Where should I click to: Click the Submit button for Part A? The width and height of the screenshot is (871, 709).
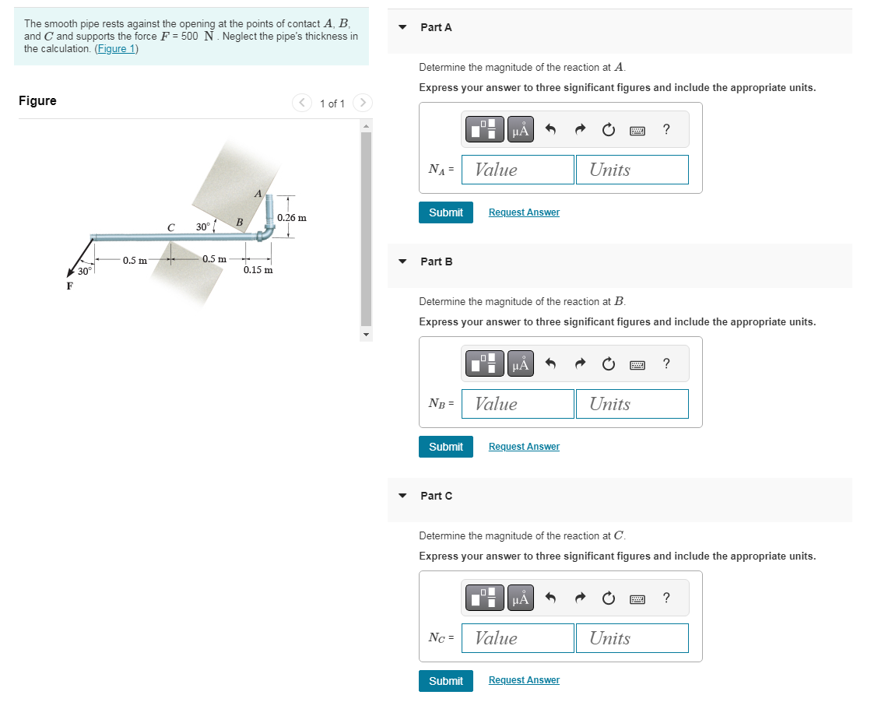pyautogui.click(x=445, y=212)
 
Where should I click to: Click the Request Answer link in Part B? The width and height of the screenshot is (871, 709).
pyautogui.click(x=524, y=447)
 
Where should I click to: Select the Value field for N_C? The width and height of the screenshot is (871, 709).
pyautogui.click(x=518, y=638)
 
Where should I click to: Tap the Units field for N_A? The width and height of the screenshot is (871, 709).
pyautogui.click(x=632, y=170)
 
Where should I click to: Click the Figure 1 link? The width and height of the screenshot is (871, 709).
pyautogui.click(x=117, y=49)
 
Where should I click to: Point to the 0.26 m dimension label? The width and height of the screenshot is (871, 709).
pyautogui.click(x=292, y=218)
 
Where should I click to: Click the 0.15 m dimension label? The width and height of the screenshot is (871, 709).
pyautogui.click(x=258, y=270)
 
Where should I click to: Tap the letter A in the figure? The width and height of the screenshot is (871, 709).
pyautogui.click(x=258, y=194)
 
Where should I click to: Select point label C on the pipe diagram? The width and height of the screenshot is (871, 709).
pyautogui.click(x=171, y=227)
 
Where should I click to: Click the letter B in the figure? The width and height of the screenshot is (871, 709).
pyautogui.click(x=240, y=222)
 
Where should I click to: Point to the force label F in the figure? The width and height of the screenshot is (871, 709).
pyautogui.click(x=69, y=286)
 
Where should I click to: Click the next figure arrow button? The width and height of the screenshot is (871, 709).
pyautogui.click(x=363, y=103)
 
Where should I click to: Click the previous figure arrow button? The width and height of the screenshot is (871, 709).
pyautogui.click(x=302, y=103)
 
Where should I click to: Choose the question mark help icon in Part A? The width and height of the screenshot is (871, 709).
pyautogui.click(x=666, y=129)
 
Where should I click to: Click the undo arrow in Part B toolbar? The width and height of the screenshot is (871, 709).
pyautogui.click(x=550, y=363)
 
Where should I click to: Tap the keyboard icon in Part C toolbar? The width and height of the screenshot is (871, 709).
pyautogui.click(x=637, y=599)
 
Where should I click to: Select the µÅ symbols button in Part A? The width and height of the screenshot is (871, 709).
pyautogui.click(x=521, y=129)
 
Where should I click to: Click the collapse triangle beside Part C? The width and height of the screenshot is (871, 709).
pyautogui.click(x=402, y=495)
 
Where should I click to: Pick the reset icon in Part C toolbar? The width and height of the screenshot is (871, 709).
pyautogui.click(x=608, y=598)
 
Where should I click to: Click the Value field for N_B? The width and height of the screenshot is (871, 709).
pyautogui.click(x=518, y=404)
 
